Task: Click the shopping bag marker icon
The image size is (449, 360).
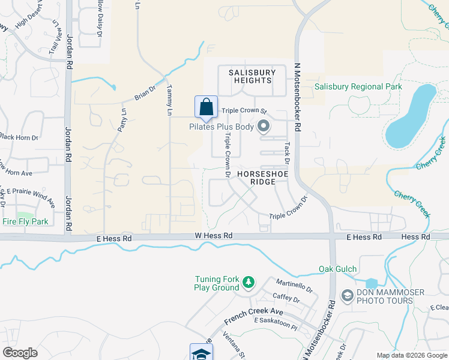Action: click(x=206, y=107)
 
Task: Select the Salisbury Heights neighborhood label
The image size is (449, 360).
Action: click(x=252, y=77)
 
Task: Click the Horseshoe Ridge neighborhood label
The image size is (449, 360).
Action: click(x=262, y=178)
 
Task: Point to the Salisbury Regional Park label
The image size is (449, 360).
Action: click(x=358, y=87)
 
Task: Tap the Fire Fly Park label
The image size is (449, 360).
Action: click(x=25, y=222)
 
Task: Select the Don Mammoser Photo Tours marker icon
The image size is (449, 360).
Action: click(x=346, y=295)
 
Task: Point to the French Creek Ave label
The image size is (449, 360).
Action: click(x=253, y=316)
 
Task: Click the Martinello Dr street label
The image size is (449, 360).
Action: click(x=294, y=285)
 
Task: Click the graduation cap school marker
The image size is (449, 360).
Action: click(x=201, y=353)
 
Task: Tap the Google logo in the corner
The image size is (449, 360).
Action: click(x=20, y=353)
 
